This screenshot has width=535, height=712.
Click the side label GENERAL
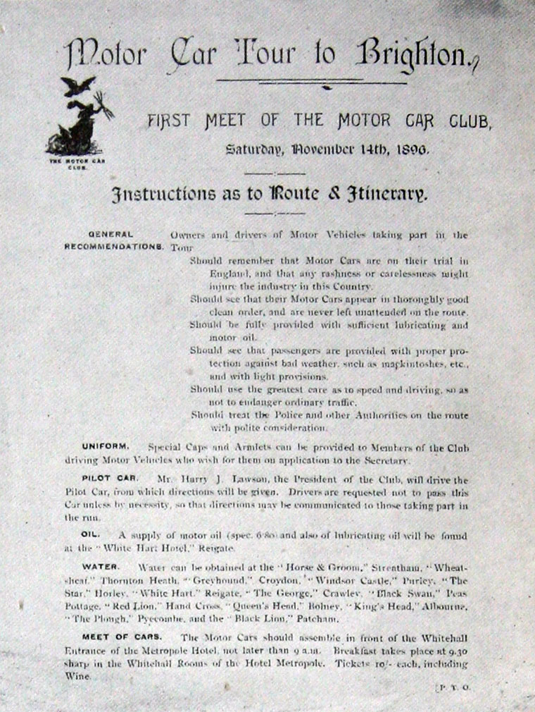[111, 235]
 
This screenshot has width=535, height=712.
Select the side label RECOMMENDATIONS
[114, 247]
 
